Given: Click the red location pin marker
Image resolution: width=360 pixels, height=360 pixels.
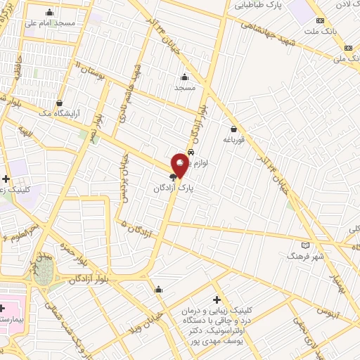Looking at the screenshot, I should point(179,164).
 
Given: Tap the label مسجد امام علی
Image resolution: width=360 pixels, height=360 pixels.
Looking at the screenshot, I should point(49,22).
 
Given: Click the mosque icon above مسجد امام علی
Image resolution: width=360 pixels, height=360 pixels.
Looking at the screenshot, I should point(49,12).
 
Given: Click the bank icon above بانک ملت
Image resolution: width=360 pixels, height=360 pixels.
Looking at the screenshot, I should point(320,20).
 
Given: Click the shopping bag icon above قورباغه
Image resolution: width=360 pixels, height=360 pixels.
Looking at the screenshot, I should point(233,129).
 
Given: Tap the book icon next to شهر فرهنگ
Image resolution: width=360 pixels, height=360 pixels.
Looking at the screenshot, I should point(304,245).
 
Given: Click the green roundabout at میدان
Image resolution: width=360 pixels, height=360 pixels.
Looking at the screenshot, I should point(43,271).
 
